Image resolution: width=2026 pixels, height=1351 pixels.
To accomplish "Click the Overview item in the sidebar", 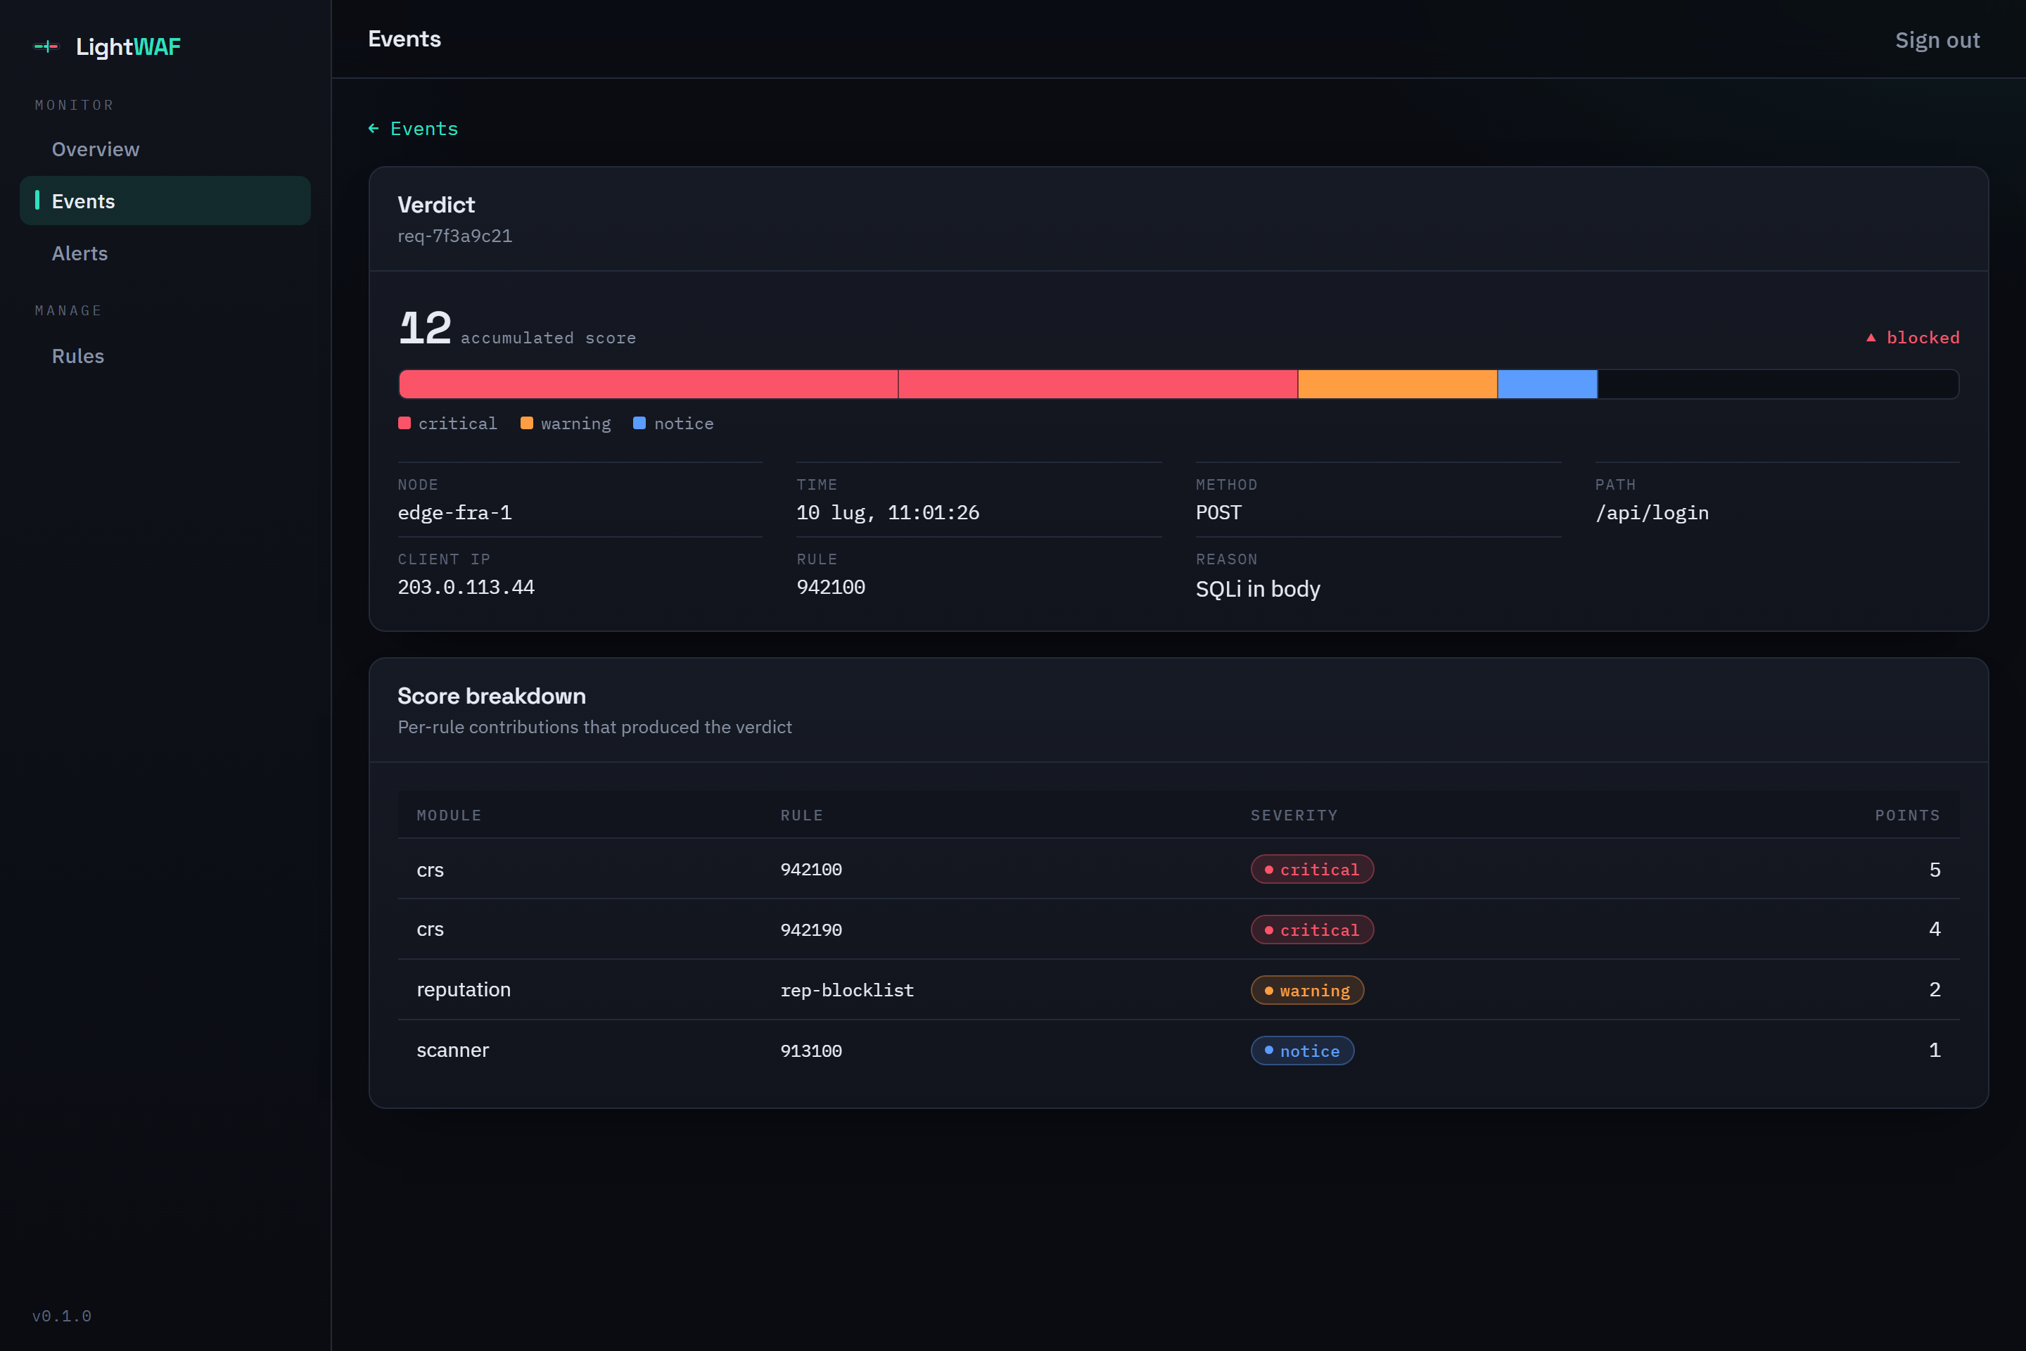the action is pos(95,149).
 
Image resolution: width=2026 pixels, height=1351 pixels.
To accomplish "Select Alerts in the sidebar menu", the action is pos(79,253).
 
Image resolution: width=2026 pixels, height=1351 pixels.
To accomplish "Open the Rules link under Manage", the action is pos(77,356).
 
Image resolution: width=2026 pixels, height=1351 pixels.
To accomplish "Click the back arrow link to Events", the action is pos(413,128).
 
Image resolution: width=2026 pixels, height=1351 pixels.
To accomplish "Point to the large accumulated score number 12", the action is pos(425,329).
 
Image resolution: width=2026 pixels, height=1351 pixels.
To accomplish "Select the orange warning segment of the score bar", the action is pos(1397,384).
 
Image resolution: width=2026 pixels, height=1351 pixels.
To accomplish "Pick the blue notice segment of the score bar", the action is pos(1547,384).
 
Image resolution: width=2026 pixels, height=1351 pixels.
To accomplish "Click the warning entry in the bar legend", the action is pos(566,423).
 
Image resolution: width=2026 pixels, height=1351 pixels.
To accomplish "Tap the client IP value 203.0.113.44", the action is pos(466,588).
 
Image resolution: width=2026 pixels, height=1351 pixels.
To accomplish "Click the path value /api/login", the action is pos(1651,514).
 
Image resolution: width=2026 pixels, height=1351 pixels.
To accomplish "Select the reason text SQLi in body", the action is pos(1257,590).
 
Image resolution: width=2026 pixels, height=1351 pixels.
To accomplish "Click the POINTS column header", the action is pos(1907,815).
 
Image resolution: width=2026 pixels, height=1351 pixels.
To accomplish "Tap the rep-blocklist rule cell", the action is pos(847,990).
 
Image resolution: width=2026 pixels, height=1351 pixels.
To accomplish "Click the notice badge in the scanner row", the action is pos(1301,1051).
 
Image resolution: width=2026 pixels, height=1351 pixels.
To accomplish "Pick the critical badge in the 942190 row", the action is pos(1312,930).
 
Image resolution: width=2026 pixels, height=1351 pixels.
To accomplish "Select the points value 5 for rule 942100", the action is pos(1935,870).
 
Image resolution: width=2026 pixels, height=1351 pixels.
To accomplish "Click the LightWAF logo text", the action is pos(127,46).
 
